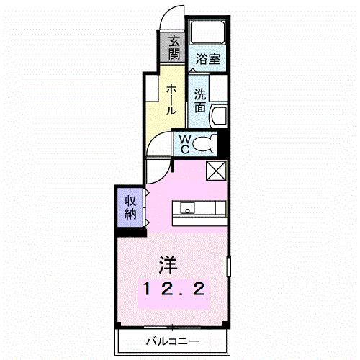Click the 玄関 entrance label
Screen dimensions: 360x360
point(174,48)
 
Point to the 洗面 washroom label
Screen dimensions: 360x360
point(200,100)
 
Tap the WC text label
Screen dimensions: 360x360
point(184,143)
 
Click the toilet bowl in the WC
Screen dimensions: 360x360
point(207,143)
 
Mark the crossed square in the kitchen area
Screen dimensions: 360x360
point(216,171)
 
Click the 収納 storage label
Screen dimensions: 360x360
point(130,207)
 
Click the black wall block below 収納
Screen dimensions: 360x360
point(130,230)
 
